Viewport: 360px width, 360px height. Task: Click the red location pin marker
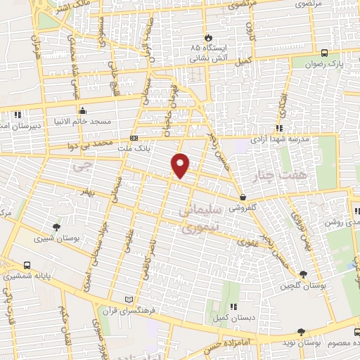(181, 165)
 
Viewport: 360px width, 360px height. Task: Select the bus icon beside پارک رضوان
(324, 53)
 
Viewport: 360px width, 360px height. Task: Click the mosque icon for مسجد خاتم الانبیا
(83, 110)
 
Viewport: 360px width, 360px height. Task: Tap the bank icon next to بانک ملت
(134, 138)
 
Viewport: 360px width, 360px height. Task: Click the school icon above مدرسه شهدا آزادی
(279, 128)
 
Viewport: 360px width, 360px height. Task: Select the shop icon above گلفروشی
(243, 198)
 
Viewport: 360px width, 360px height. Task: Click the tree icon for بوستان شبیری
(56, 226)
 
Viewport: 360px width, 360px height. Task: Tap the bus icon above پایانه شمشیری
(27, 265)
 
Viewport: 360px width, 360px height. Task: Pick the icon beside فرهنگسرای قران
(127, 299)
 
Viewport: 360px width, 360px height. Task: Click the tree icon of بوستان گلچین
(303, 274)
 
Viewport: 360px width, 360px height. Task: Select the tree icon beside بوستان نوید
(301, 331)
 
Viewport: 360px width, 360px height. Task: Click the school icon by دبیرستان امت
(18, 113)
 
